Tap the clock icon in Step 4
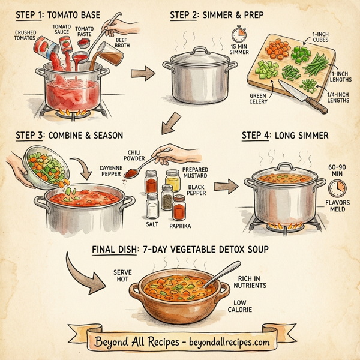338,188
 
